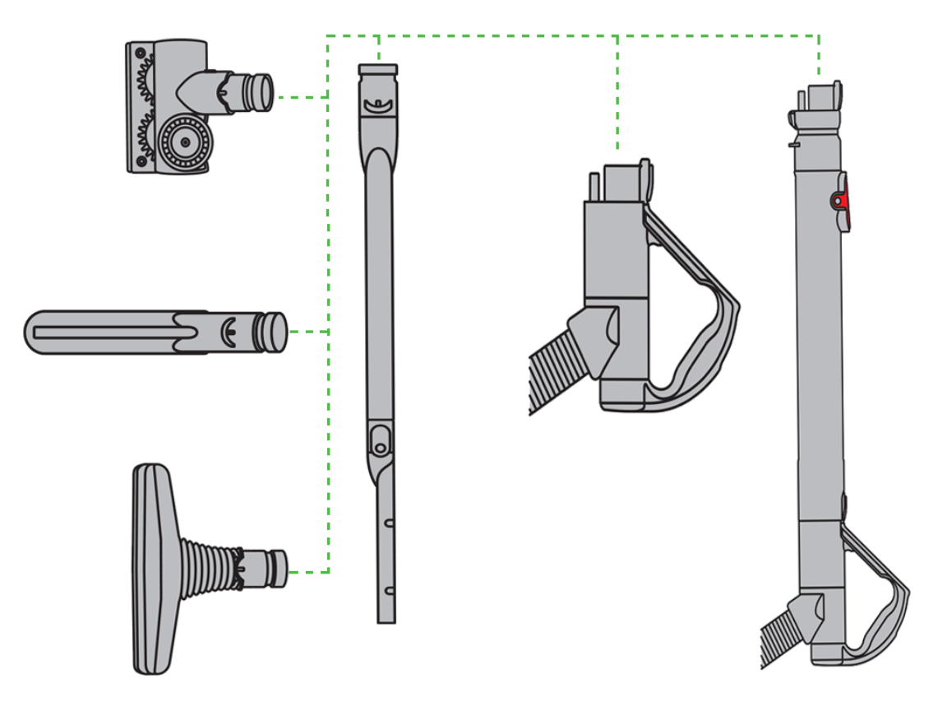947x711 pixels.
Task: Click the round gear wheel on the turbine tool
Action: pyautogui.click(x=186, y=142)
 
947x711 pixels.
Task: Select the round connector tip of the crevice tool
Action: pyautogui.click(x=274, y=332)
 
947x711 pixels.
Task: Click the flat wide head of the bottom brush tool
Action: pyautogui.click(x=151, y=568)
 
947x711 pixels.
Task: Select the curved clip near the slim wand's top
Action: pyautogui.click(x=378, y=105)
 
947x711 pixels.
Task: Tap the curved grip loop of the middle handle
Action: pyautogui.click(x=707, y=329)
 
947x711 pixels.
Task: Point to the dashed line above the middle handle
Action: pyautogui.click(x=617, y=99)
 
